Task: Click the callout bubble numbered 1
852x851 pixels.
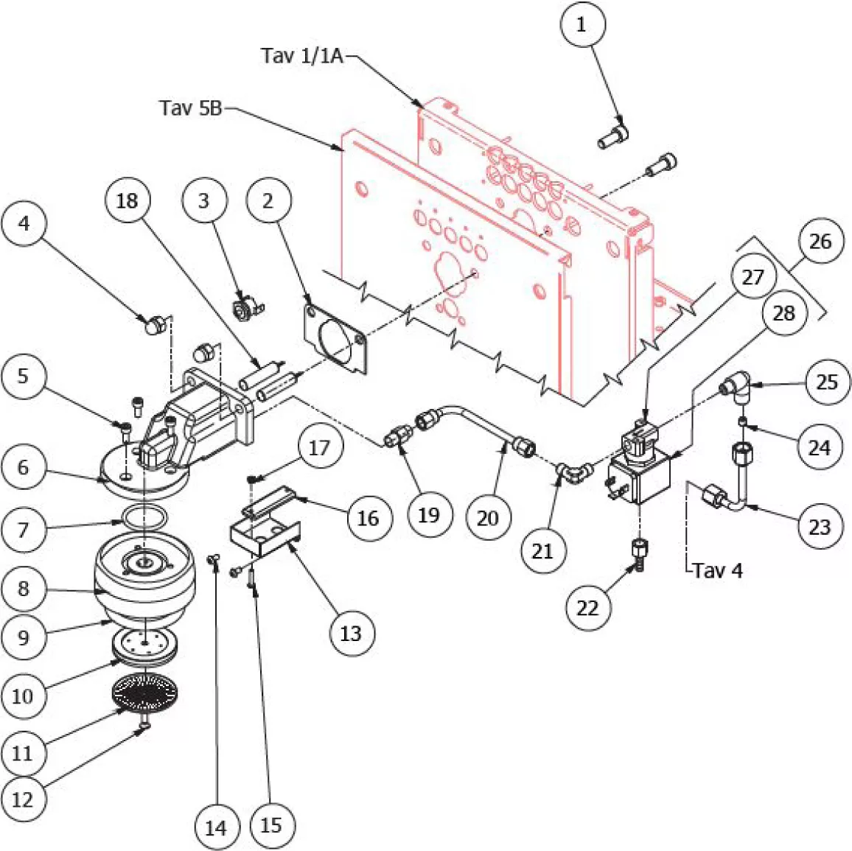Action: point(582,25)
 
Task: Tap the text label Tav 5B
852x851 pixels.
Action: point(191,108)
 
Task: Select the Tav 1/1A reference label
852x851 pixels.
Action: point(302,55)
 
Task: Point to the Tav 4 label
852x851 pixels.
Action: point(718,570)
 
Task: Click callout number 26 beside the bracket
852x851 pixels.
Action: point(820,241)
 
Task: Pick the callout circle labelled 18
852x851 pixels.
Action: point(128,200)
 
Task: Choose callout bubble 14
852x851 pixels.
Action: point(216,827)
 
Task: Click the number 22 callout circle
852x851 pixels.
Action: point(587,607)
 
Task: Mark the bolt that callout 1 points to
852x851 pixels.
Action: point(614,134)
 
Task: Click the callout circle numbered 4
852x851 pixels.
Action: point(24,223)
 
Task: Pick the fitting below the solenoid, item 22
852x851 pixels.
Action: point(639,555)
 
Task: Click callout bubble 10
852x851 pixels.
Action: point(23,696)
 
